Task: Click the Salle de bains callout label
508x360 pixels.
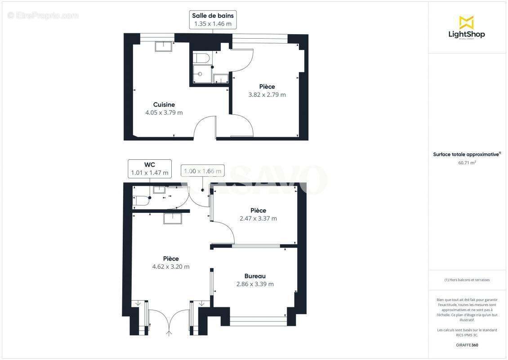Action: pyautogui.click(x=213, y=20)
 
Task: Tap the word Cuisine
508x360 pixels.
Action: pyautogui.click(x=164, y=104)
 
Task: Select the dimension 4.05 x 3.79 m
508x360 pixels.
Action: pyautogui.click(x=164, y=112)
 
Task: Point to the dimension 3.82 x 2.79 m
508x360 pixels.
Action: pyautogui.click(x=267, y=94)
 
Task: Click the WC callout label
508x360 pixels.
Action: pyautogui.click(x=149, y=169)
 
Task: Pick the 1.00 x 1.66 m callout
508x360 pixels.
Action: pyautogui.click(x=201, y=171)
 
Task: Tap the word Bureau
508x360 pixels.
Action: pyautogui.click(x=255, y=276)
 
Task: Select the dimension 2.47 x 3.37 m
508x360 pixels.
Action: pyautogui.click(x=258, y=219)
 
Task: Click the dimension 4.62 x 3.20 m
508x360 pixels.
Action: pyautogui.click(x=171, y=266)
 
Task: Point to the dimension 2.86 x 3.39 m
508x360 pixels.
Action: pyautogui.click(x=255, y=284)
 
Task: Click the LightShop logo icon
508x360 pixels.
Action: pyautogui.click(x=466, y=22)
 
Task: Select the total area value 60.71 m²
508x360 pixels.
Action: pyautogui.click(x=467, y=163)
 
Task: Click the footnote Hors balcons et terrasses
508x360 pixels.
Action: pyautogui.click(x=467, y=280)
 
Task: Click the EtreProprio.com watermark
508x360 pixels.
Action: pyautogui.click(x=43, y=15)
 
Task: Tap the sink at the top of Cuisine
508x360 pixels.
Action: pyautogui.click(x=164, y=46)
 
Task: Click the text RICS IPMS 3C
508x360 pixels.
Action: pyautogui.click(x=467, y=335)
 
